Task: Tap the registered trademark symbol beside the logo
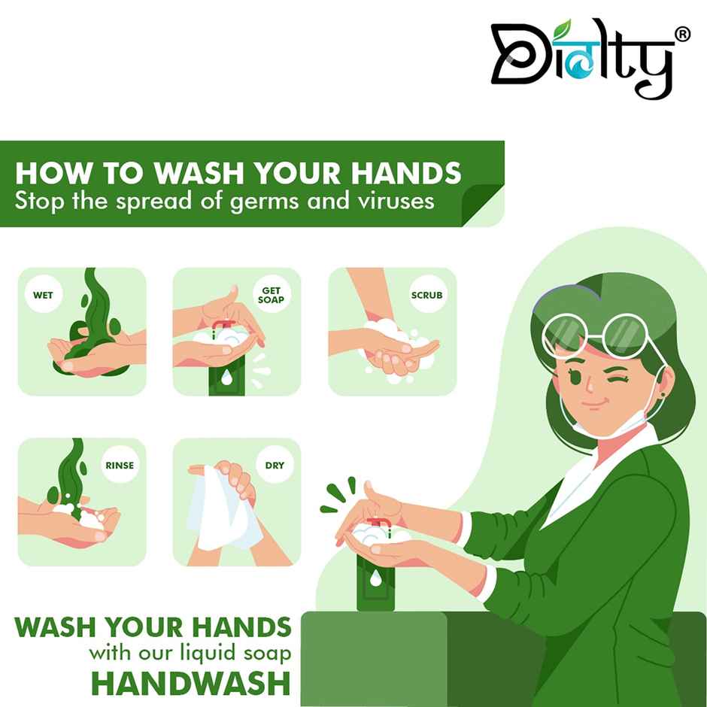681,35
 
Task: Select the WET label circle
43,296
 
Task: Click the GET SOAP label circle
270,295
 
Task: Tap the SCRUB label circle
426,296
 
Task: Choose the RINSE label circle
120,465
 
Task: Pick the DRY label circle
275,465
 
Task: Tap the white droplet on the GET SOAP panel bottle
227,377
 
